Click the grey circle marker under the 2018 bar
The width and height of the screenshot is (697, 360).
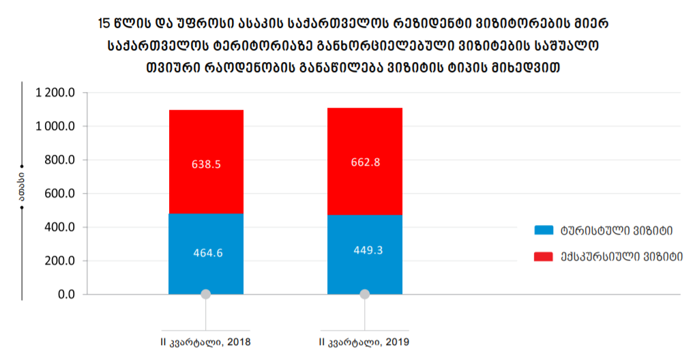point(205,294)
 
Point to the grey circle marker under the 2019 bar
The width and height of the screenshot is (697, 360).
point(364,294)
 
